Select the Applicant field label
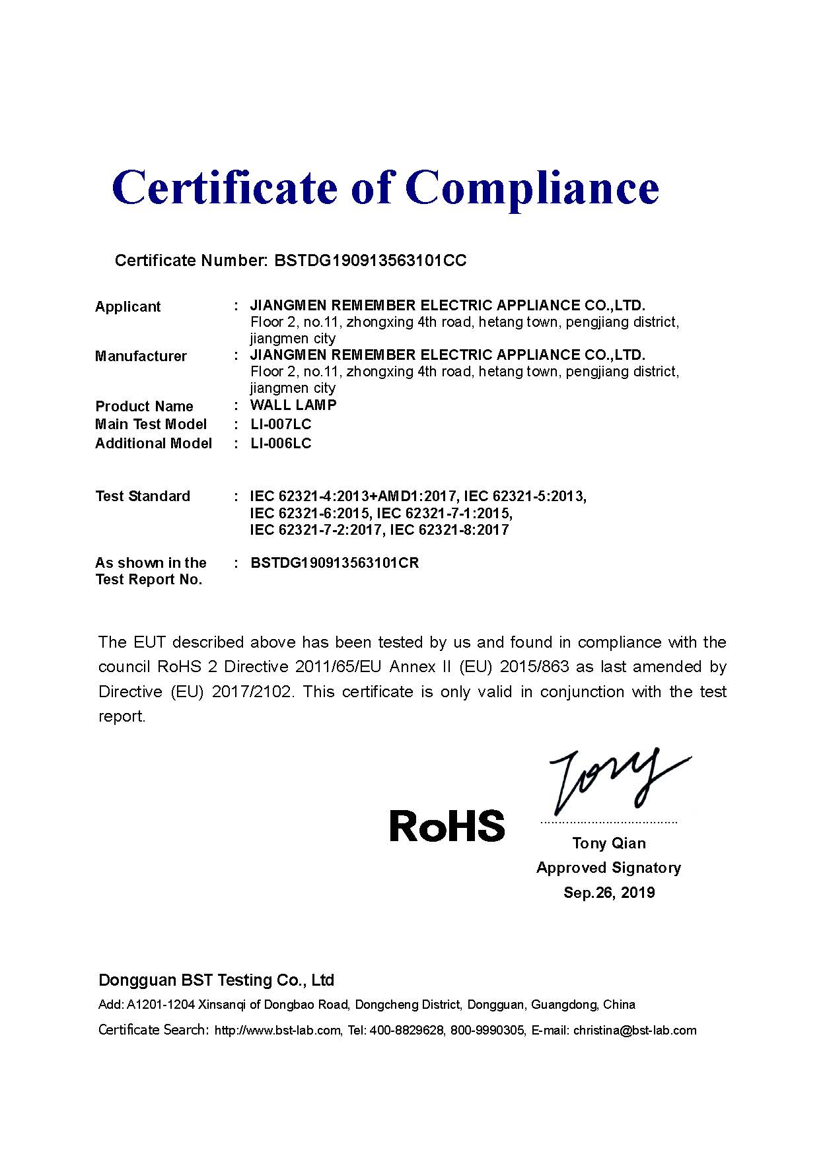click(x=127, y=306)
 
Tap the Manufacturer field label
click(x=141, y=357)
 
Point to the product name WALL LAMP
click(x=293, y=405)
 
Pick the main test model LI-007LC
click(x=281, y=424)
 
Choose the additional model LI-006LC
click(x=281, y=443)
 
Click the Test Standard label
click(x=143, y=496)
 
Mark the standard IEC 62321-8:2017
click(x=449, y=529)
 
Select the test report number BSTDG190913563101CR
click(x=335, y=562)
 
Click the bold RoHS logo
click(x=447, y=826)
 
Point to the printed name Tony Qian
click(x=609, y=843)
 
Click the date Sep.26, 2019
click(x=609, y=893)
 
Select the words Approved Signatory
click(x=609, y=868)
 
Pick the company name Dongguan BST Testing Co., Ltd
click(x=216, y=980)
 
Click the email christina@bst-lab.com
click(x=635, y=1031)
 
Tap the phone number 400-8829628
click(x=406, y=1031)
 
